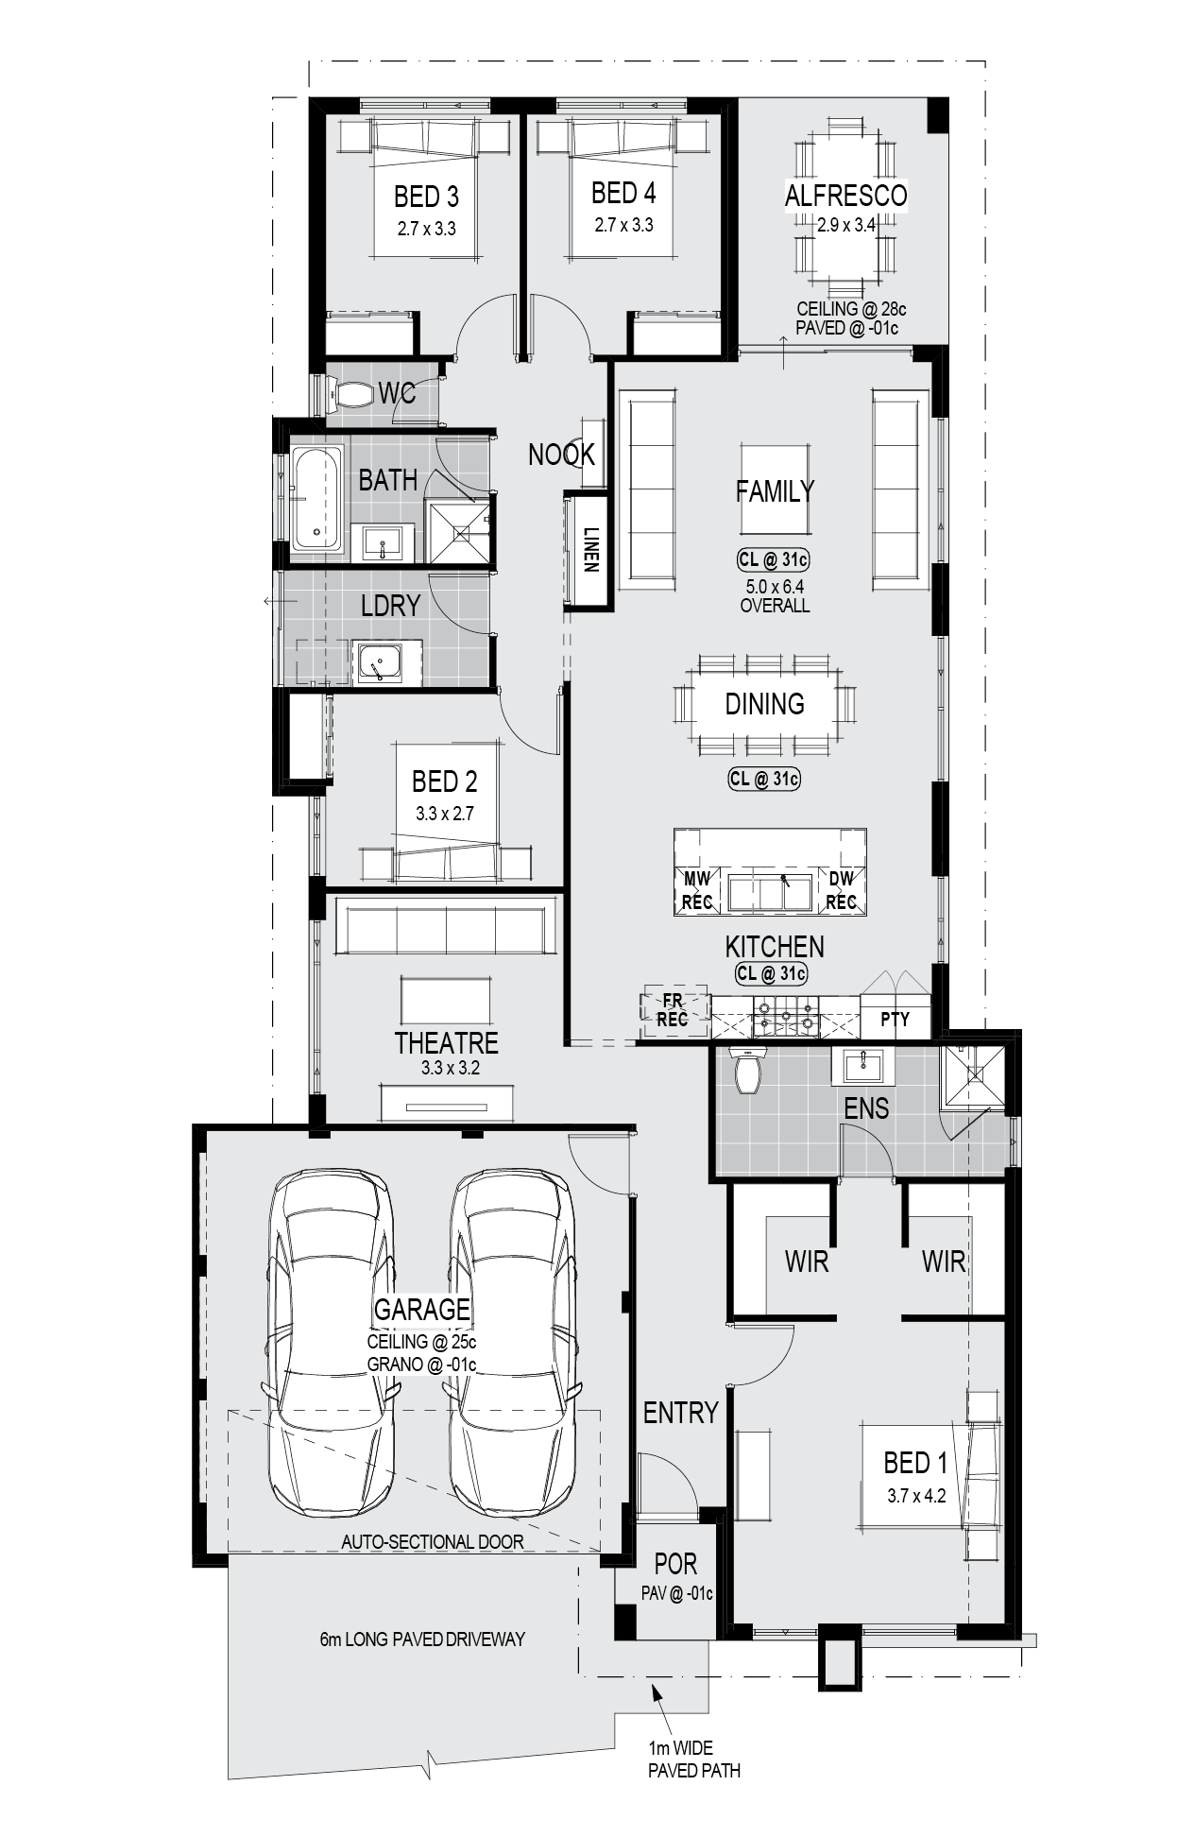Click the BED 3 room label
click(426, 197)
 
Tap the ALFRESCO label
click(845, 195)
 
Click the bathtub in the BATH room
click(316, 498)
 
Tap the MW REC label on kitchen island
click(697, 890)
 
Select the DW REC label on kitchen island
click(841, 890)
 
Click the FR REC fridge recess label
click(672, 1009)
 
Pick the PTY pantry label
click(895, 1020)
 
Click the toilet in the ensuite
click(748, 1070)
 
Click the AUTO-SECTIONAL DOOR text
click(433, 1541)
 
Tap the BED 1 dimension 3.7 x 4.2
click(916, 1496)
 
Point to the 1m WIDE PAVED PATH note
click(694, 1760)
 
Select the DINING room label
click(765, 704)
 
